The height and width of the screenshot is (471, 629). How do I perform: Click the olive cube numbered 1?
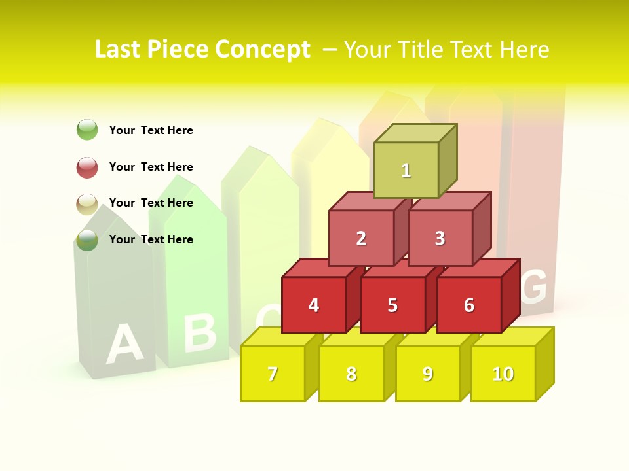tap(406, 170)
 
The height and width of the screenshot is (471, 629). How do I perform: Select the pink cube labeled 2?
tap(361, 238)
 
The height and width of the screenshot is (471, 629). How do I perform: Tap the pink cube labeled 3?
tap(440, 238)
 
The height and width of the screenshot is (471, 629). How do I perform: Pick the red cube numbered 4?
tap(314, 305)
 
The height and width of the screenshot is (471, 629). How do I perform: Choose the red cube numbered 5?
tap(392, 305)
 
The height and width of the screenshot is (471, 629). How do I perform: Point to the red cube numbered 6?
tap(469, 305)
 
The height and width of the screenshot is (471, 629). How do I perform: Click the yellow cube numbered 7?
tap(273, 374)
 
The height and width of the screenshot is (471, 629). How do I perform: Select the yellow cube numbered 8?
tap(351, 374)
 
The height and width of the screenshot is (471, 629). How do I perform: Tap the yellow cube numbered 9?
tap(428, 374)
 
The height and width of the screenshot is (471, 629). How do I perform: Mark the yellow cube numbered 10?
tap(503, 374)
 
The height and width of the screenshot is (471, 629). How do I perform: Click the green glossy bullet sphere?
tap(87, 130)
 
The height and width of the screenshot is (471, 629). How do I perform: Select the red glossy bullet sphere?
tap(87, 167)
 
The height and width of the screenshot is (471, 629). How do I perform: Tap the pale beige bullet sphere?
tap(87, 203)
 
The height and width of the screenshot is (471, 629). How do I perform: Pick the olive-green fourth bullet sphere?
tap(87, 240)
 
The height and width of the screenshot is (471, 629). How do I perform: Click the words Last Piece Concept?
tap(202, 49)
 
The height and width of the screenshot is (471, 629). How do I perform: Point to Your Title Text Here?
tap(446, 50)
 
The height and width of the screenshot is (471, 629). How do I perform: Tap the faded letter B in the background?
tap(200, 333)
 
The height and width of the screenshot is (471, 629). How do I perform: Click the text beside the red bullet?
tap(151, 167)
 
